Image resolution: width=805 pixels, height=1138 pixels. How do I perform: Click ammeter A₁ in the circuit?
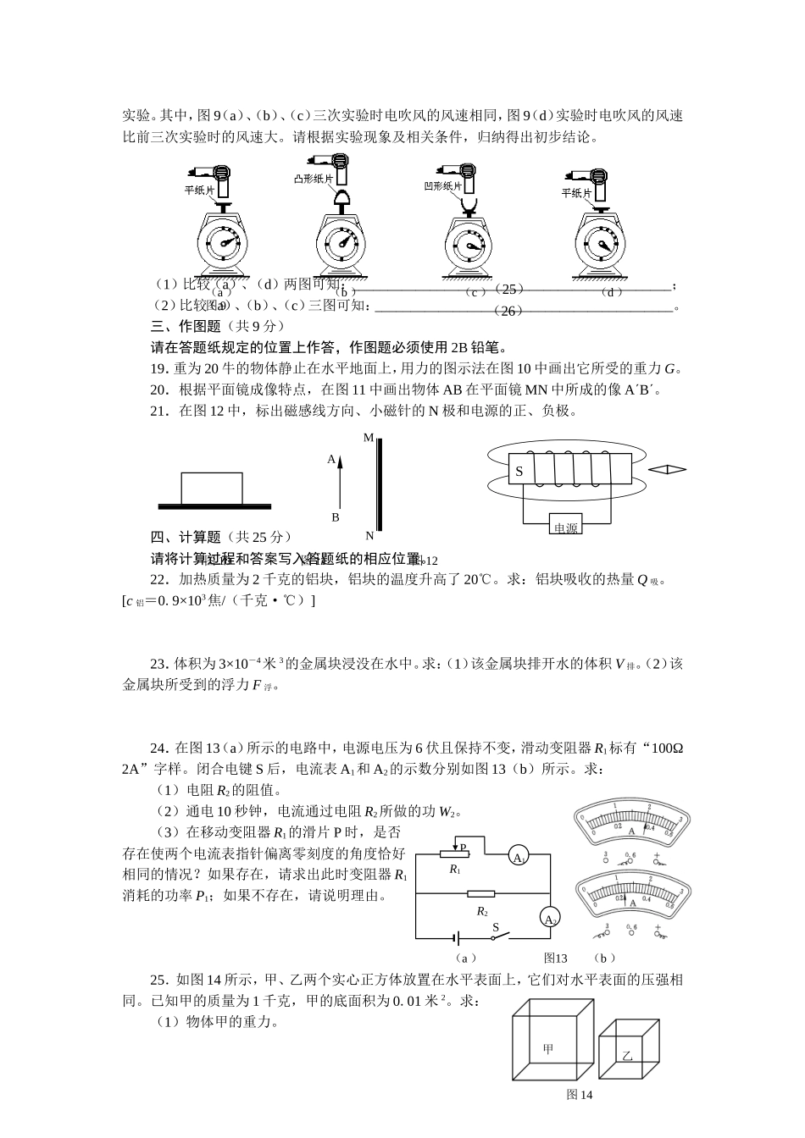point(518,858)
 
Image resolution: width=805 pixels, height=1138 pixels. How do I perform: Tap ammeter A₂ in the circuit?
point(550,920)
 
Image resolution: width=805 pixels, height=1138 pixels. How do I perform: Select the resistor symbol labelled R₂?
point(481,894)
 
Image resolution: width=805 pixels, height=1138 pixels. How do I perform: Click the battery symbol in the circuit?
point(458,938)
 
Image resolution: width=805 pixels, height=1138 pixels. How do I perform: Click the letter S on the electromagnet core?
point(519,472)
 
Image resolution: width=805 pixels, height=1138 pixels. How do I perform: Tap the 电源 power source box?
point(565,527)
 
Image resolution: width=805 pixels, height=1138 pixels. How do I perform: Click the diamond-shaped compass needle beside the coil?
point(667,469)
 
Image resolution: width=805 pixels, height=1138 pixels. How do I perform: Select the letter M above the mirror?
point(369,438)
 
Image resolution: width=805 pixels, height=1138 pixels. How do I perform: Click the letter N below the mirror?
point(369,535)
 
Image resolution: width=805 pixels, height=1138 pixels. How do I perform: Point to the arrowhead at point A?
point(340,461)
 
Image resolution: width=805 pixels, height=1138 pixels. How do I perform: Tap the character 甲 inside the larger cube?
point(547,1049)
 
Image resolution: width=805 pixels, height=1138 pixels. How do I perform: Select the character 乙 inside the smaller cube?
point(627,1056)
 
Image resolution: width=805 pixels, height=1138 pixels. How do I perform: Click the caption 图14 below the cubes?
point(580,1095)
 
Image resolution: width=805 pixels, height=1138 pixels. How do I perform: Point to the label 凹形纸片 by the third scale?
point(443,186)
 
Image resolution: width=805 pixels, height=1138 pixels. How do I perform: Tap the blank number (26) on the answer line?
point(508,311)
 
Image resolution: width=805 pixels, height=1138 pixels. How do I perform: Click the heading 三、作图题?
point(186,326)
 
